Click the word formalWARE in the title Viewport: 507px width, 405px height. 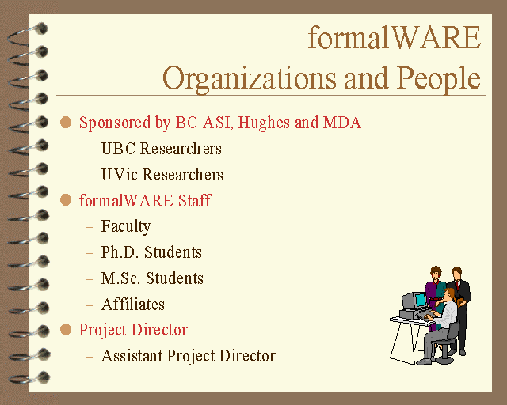(x=395, y=37)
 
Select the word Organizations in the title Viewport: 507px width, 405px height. (x=250, y=79)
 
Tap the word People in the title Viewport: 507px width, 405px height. (x=439, y=79)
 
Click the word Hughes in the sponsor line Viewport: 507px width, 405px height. (x=264, y=123)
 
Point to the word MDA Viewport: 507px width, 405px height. (x=341, y=123)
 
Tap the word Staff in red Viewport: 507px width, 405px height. (x=195, y=200)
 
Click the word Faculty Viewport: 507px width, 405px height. (x=126, y=227)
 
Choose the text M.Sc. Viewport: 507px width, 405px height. (x=121, y=278)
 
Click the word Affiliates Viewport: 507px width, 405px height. (x=133, y=305)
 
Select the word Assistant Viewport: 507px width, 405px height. (x=132, y=356)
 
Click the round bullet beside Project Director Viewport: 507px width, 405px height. (x=66, y=330)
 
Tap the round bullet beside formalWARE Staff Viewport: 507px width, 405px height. (x=66, y=200)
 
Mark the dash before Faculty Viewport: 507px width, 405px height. (x=90, y=227)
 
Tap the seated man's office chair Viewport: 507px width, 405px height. (x=448, y=343)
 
